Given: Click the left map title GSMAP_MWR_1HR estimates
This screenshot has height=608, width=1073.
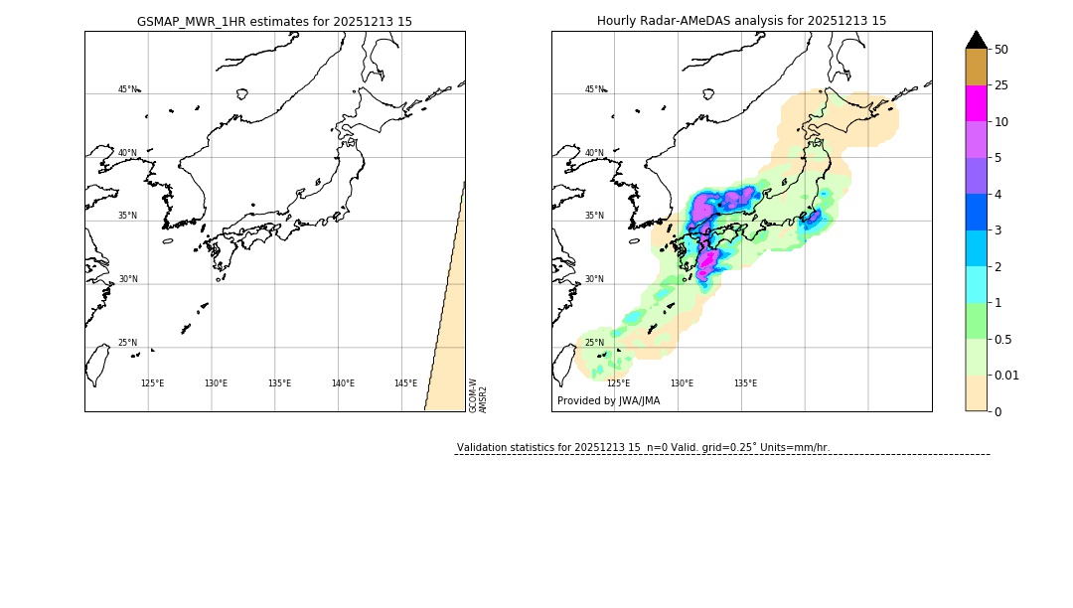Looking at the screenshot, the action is click(x=274, y=21).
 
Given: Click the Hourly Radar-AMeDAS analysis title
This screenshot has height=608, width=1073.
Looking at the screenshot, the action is click(x=741, y=21).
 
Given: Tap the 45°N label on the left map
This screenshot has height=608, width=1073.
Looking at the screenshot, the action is click(x=127, y=89).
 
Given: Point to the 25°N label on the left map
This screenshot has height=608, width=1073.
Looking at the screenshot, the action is click(x=127, y=343).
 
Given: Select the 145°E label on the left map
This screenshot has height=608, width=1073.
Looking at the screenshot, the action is click(x=405, y=383).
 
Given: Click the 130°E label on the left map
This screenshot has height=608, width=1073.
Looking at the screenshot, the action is click(x=216, y=383).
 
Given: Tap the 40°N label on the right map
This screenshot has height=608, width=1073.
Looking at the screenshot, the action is click(x=594, y=153).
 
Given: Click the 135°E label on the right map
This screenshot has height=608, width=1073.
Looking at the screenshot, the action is click(x=745, y=383).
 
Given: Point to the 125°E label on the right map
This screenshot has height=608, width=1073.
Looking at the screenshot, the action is click(x=618, y=383).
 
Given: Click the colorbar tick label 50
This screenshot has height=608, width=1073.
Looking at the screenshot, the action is click(x=1001, y=49).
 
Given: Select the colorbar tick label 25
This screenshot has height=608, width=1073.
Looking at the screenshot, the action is click(x=1001, y=85).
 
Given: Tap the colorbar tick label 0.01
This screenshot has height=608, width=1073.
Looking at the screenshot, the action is click(x=1007, y=375).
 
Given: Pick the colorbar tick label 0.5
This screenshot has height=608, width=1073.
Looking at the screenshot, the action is click(x=1004, y=339).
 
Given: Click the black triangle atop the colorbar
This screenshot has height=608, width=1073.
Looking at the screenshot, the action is click(x=977, y=40).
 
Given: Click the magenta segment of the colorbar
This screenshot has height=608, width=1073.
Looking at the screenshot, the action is click(x=977, y=103).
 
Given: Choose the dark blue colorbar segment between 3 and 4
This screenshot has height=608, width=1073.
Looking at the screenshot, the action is click(x=977, y=212).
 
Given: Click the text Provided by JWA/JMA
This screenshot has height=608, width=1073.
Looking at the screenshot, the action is click(x=608, y=401).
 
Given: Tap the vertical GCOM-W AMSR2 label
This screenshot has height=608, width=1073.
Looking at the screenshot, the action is click(x=478, y=394).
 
